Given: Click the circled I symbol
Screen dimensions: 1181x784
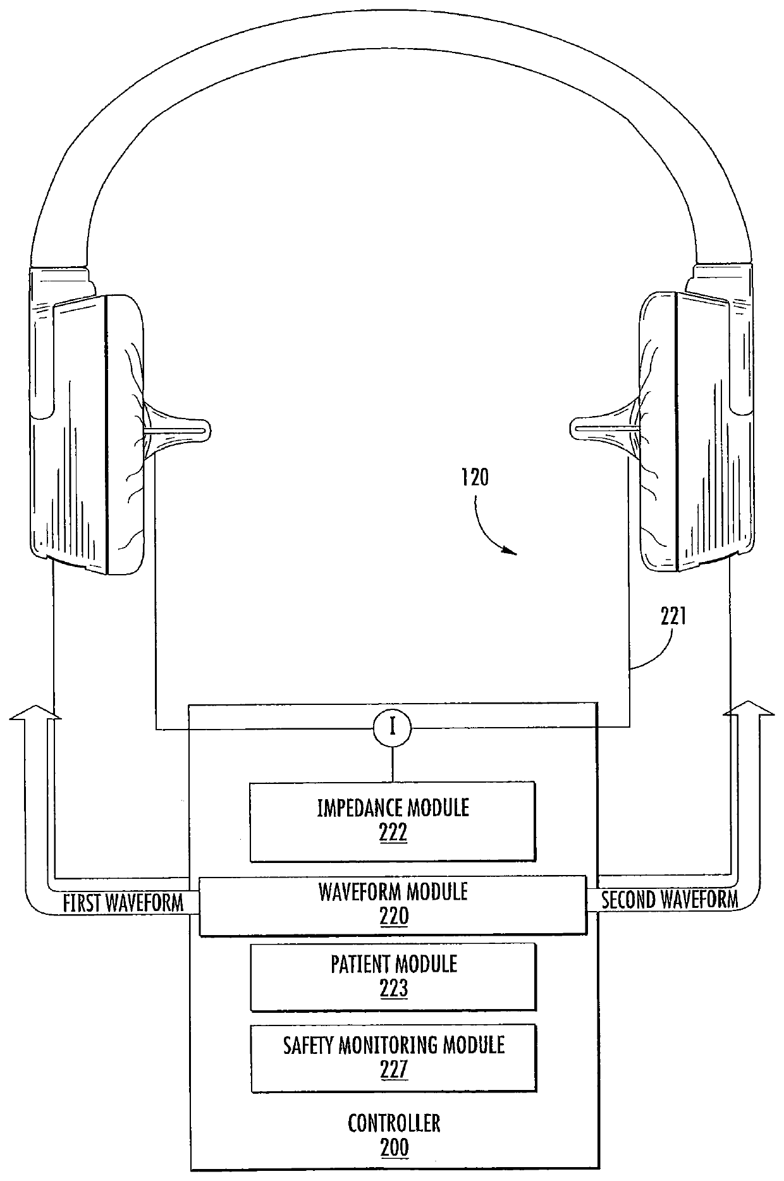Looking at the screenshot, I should coord(393,728).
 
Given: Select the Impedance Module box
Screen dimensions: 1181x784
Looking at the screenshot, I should coord(393,821).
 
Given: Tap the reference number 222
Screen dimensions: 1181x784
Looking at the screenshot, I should coord(393,833).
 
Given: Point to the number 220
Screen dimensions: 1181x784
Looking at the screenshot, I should coord(393,916).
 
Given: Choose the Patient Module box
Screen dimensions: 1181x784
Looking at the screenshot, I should coord(393,976).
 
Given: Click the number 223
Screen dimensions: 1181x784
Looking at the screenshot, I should coord(393,988).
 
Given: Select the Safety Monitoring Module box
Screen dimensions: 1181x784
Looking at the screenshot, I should coord(393,1058).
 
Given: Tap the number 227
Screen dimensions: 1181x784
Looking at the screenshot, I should coord(393,1069).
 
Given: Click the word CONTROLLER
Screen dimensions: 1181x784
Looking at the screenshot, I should coord(394,1123).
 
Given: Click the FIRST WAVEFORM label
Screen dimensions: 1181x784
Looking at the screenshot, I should coord(123,903).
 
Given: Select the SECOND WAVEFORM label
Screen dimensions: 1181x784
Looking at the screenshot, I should coord(669,900).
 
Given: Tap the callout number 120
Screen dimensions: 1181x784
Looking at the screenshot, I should coord(474,477).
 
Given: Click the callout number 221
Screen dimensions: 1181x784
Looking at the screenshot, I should coord(673,617).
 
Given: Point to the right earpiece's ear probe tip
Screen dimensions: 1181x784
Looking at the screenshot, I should coord(577,430).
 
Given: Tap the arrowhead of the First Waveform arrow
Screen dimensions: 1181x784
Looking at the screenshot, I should coord(36,713).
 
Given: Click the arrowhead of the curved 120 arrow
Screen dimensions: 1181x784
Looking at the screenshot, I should coord(511,553).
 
